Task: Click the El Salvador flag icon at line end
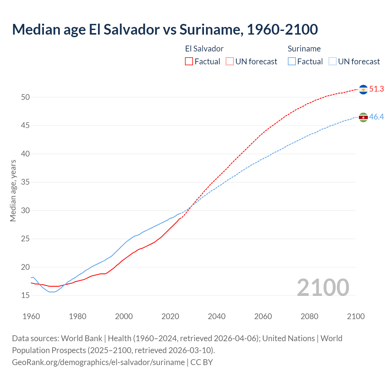click(x=363, y=89)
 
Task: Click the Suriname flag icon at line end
click(x=363, y=117)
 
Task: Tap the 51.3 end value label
click(x=376, y=89)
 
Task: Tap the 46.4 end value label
click(x=376, y=117)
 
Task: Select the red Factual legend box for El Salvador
click(x=189, y=62)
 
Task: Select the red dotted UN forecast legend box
click(x=230, y=62)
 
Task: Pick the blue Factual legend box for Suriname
click(x=292, y=62)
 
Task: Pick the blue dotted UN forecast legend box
click(x=332, y=62)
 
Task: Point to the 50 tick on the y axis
click(x=25, y=97)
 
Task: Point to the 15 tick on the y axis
click(x=25, y=296)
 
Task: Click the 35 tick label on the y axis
click(x=25, y=182)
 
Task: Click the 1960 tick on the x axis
click(x=31, y=316)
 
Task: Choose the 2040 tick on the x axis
click(x=217, y=316)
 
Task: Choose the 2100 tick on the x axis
click(x=356, y=316)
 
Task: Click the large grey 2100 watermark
click(x=323, y=287)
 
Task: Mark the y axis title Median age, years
click(x=13, y=190)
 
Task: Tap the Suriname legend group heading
click(x=304, y=49)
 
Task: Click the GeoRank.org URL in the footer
click(x=98, y=362)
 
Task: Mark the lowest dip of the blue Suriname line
click(x=52, y=292)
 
